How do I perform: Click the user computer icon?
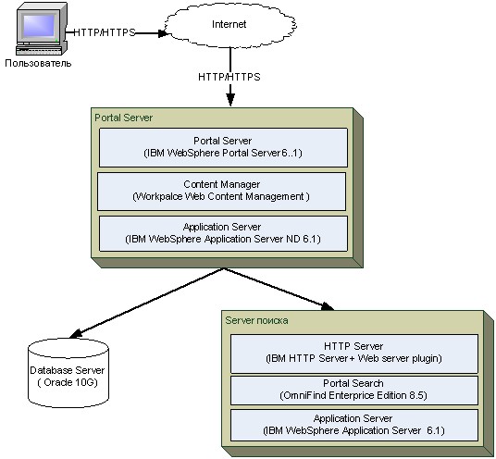click(42, 29)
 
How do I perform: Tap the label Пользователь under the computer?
click(38, 63)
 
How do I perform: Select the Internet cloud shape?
click(230, 25)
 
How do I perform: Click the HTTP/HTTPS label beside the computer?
click(105, 32)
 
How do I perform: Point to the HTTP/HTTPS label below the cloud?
click(229, 77)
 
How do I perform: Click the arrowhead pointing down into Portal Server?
click(230, 100)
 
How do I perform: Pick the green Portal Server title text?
click(124, 118)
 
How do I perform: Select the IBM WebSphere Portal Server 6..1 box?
click(223, 147)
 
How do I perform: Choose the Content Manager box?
click(221, 191)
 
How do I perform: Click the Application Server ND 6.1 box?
click(223, 233)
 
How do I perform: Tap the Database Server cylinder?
click(68, 373)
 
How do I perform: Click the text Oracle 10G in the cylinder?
click(68, 382)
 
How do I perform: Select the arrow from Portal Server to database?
click(146, 303)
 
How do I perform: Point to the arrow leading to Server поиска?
click(279, 289)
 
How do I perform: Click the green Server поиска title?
click(256, 320)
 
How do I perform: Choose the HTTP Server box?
click(354, 354)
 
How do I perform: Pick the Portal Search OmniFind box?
click(354, 390)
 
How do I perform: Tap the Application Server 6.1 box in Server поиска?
click(354, 425)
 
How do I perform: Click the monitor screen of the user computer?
click(39, 25)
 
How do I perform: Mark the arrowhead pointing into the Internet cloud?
click(163, 33)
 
